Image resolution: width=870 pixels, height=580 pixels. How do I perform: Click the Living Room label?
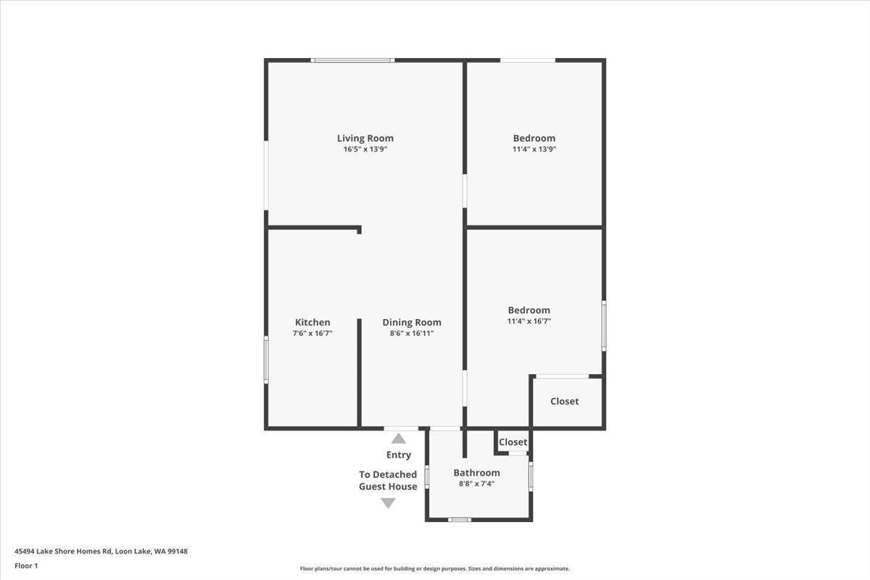coord(365,138)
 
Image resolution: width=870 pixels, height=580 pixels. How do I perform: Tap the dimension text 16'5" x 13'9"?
coord(365,149)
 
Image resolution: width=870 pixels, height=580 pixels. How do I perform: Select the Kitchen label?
coord(312,322)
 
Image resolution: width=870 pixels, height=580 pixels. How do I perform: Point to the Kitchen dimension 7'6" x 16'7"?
coord(312,333)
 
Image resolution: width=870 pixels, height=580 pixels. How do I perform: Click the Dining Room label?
coord(412,323)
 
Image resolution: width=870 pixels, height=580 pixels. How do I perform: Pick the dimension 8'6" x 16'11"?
coord(412,333)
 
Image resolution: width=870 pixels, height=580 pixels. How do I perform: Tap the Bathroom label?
coord(476,473)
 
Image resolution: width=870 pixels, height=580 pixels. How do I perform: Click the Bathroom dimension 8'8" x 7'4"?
coord(476,484)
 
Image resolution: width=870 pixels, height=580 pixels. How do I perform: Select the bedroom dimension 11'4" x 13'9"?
coord(534,149)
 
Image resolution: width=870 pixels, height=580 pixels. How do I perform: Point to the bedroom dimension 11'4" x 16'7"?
coord(529,321)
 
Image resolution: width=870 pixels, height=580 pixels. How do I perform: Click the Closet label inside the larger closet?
coord(564,402)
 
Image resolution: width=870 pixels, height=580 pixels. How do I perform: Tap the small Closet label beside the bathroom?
coord(513,442)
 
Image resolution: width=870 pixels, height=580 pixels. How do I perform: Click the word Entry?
coord(399,455)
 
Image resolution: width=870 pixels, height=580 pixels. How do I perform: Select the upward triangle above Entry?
coord(399,439)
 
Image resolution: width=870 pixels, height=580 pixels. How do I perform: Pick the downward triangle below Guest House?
coord(388,503)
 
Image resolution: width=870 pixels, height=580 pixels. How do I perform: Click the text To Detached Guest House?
coord(388,481)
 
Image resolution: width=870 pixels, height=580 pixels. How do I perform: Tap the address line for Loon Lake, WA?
coord(101,551)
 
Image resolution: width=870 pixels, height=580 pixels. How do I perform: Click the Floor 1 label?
coord(26,565)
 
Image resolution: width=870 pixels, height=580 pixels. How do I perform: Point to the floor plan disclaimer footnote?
coord(434,568)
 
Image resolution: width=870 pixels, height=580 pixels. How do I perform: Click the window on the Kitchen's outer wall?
coord(266,360)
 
